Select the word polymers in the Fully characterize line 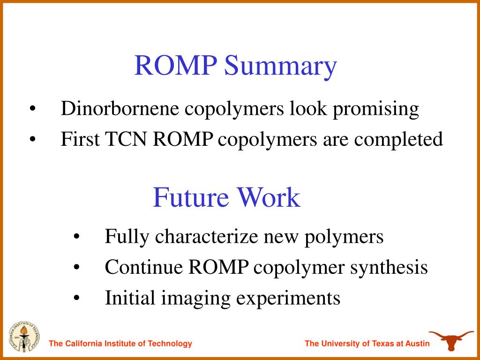pyautogui.click(x=344, y=237)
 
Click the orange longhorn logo pyautogui.click(x=451, y=339)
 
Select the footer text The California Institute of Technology pyautogui.click(x=120, y=344)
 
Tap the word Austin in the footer pyautogui.click(x=417, y=344)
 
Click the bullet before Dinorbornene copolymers pyautogui.click(x=32, y=109)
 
